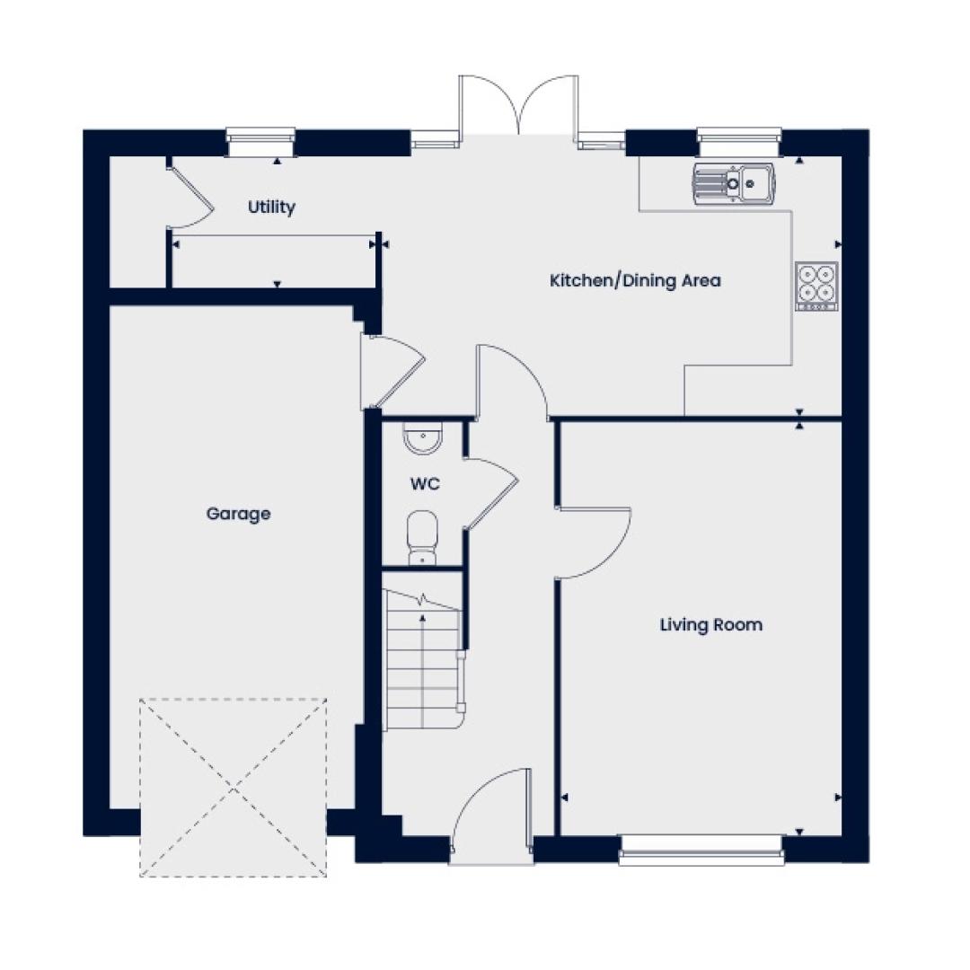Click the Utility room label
click(x=271, y=207)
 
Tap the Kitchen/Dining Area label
click(x=635, y=281)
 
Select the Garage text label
click(x=238, y=514)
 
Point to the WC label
click(x=425, y=483)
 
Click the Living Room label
click(x=710, y=625)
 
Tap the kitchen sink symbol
click(x=734, y=183)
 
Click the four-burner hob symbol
click(x=816, y=286)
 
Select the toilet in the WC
click(x=422, y=537)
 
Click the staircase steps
click(x=423, y=659)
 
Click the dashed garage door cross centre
click(x=234, y=789)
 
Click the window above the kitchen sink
click(x=739, y=142)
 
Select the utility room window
click(x=260, y=142)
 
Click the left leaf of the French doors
click(x=489, y=105)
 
